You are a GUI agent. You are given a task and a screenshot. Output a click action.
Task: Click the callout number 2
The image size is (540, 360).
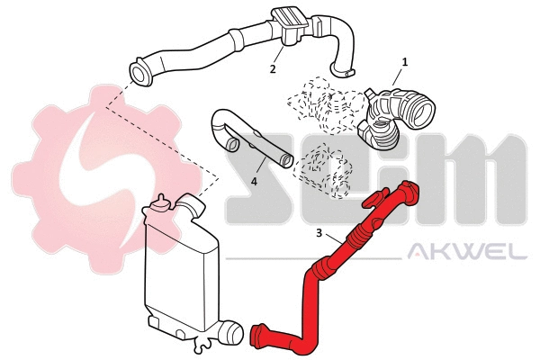(273, 68)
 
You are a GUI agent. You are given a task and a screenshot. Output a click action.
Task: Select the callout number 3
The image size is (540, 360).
(319, 233)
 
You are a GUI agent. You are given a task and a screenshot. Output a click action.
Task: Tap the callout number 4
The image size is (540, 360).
(254, 180)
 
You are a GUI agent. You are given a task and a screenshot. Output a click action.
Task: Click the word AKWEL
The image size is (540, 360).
(468, 253)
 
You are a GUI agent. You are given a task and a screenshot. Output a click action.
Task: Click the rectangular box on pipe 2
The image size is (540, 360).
(291, 22)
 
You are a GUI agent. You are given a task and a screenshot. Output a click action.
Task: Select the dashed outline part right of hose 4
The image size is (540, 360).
(324, 171)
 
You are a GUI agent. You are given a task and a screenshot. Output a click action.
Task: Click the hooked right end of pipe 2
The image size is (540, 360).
(342, 67)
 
